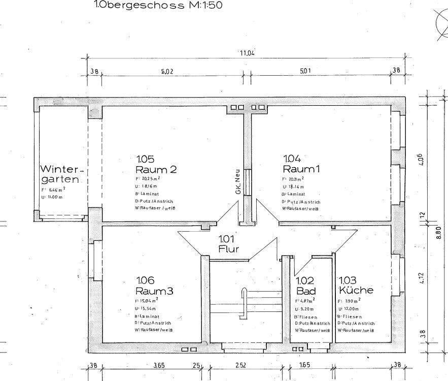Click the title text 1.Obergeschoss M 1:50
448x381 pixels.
(x=154, y=6)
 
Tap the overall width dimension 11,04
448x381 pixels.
(x=247, y=53)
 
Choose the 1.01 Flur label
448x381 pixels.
(x=228, y=244)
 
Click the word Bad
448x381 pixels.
(x=306, y=291)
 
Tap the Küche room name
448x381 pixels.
(x=356, y=291)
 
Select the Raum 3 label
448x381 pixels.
(x=154, y=291)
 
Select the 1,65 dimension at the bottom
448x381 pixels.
(x=304, y=365)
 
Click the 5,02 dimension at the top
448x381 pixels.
(x=167, y=72)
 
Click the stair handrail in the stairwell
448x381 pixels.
(x=243, y=300)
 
